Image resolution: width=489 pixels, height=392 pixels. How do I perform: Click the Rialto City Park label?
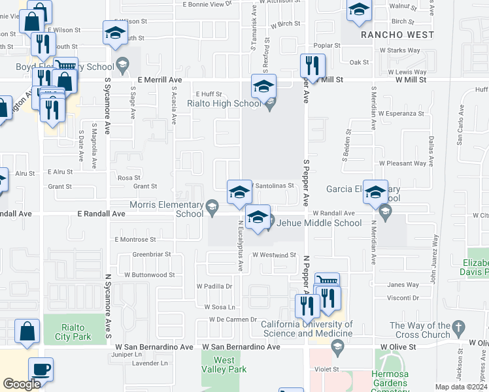tap(73, 333)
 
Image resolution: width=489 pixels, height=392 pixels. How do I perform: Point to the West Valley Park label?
tap(224, 365)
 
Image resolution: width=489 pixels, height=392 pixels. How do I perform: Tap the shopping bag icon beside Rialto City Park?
tap(28, 332)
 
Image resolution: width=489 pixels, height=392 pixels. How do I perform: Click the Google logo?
tap(22, 384)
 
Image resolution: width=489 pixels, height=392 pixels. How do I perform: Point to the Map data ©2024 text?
tap(460, 387)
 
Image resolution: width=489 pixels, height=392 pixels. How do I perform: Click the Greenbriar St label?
tap(151, 254)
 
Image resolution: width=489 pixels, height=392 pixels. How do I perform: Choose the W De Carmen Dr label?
tap(231, 319)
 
